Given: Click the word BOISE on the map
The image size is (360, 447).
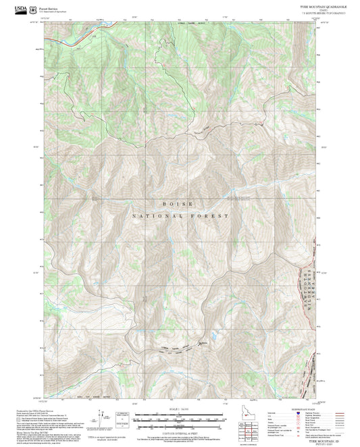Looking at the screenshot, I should [178, 203].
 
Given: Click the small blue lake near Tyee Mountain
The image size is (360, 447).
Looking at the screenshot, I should [215, 353].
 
